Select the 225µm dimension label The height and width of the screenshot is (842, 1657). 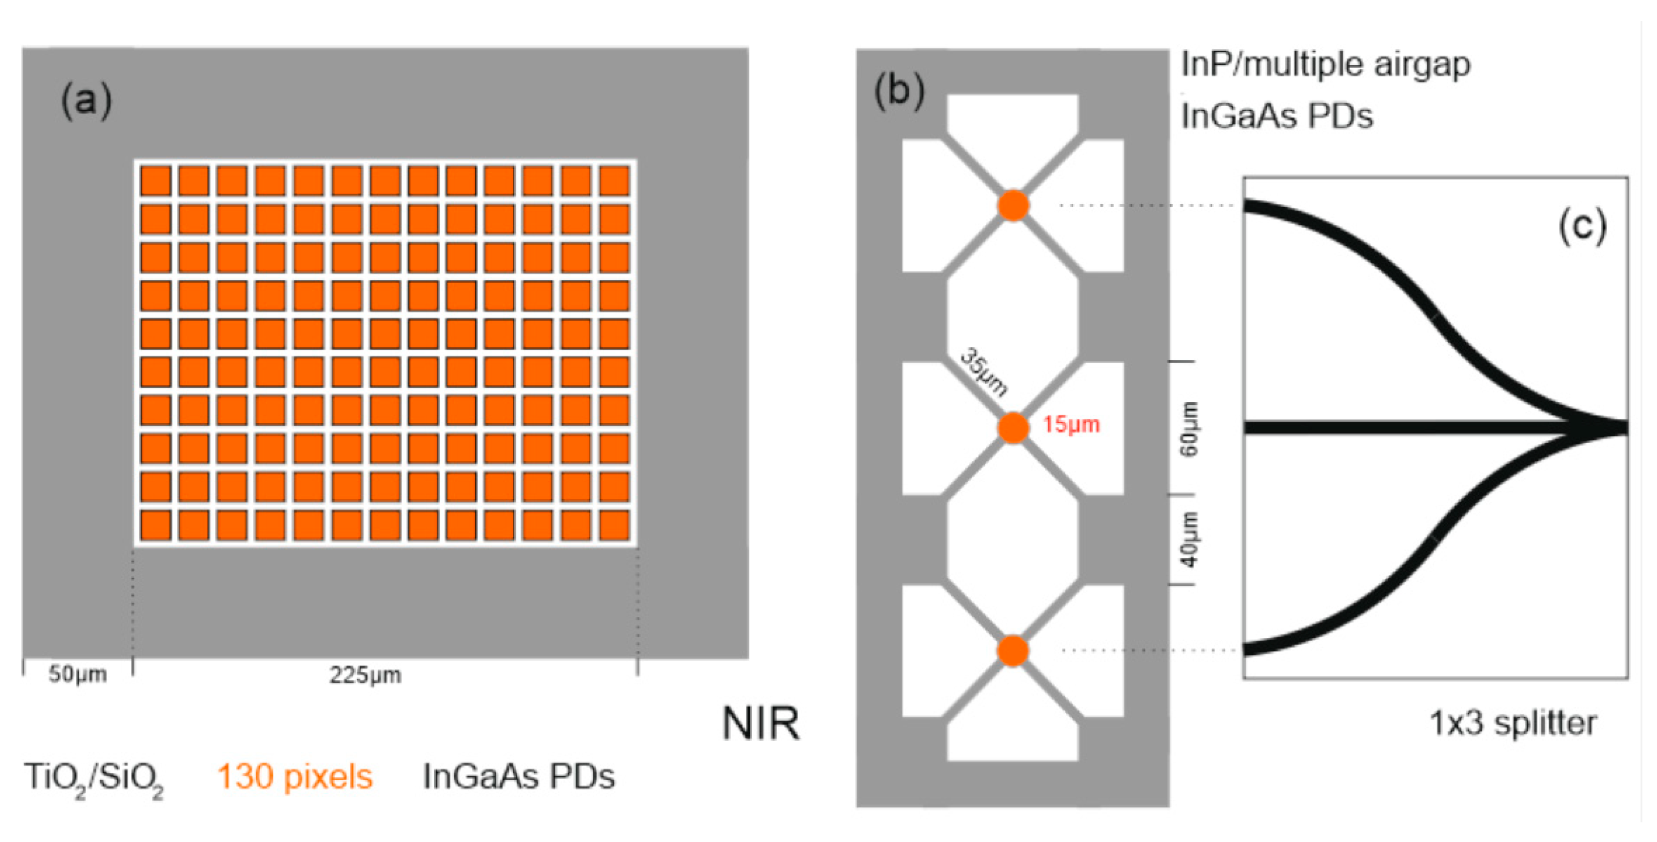(365, 675)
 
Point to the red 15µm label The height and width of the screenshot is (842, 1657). (1071, 425)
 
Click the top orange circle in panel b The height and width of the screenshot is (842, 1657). (1013, 205)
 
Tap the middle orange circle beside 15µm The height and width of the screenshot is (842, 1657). (1013, 428)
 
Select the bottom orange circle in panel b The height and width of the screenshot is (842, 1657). (1013, 650)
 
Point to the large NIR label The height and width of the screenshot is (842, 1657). (761, 724)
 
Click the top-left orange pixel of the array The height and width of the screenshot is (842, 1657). (155, 181)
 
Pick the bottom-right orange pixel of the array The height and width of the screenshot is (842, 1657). (614, 525)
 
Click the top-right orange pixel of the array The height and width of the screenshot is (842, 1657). (614, 181)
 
